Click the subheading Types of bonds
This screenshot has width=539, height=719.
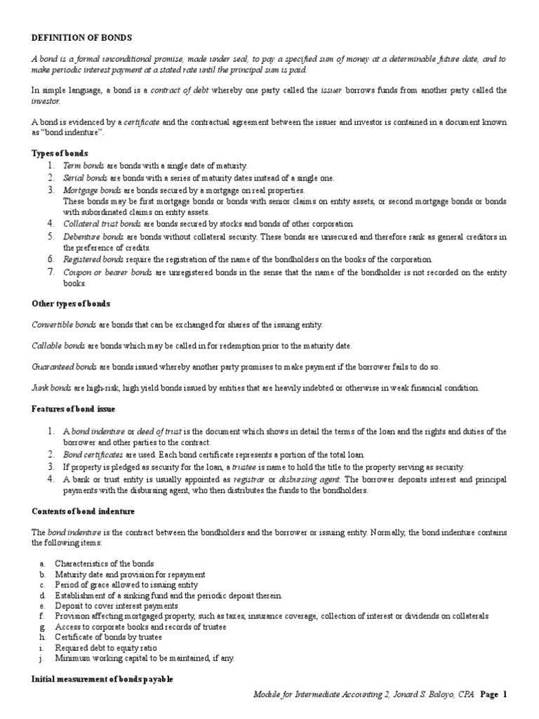coord(60,153)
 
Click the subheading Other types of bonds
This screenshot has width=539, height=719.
coord(71,303)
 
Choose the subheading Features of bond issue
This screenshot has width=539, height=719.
coord(73,409)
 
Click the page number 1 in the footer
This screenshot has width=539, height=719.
coord(504,694)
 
